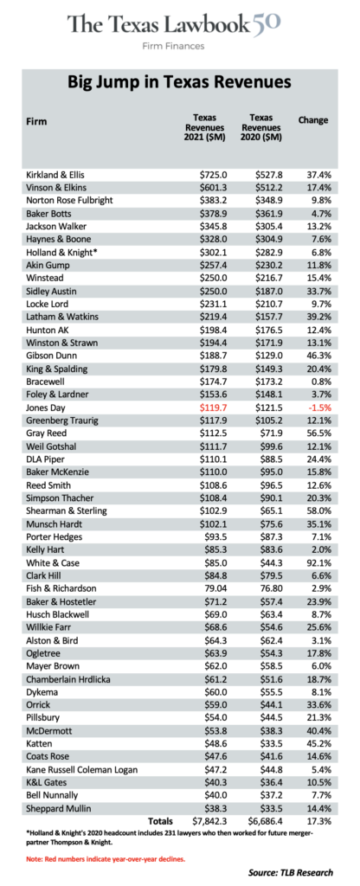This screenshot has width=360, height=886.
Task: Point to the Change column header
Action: [x=313, y=120]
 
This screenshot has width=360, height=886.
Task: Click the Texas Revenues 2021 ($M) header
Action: [x=204, y=127]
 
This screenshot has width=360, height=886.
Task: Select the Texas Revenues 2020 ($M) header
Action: [x=261, y=127]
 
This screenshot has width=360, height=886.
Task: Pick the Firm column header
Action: [x=36, y=121]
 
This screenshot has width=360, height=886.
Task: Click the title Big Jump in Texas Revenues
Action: [x=180, y=82]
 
